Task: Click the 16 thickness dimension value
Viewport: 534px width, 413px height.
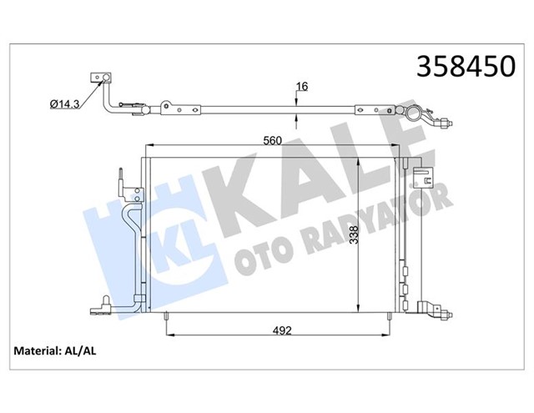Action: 302,86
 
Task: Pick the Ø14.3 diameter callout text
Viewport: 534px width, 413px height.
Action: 66,103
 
